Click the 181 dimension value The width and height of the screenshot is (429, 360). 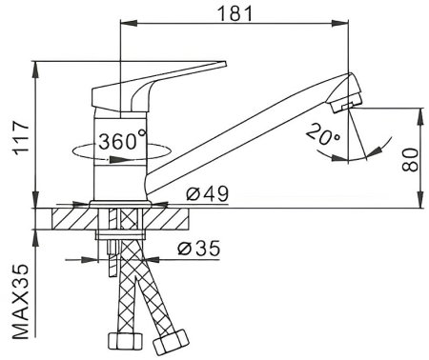tap(235, 13)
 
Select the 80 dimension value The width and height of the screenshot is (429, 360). tap(410, 160)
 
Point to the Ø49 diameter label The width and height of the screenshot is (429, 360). tap(207, 193)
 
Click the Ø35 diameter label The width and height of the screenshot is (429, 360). tap(199, 249)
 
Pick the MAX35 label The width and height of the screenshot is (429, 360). tap(21, 302)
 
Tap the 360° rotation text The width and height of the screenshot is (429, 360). tap(122, 140)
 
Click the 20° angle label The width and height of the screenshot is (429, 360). tap(323, 134)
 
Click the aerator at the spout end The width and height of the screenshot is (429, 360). tap(347, 102)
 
